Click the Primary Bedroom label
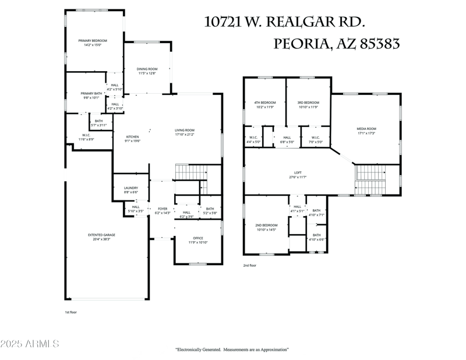[x=93, y=41]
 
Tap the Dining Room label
[x=147, y=69]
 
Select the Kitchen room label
[x=132, y=137]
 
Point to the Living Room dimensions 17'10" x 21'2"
[x=185, y=135]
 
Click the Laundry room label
[x=130, y=188]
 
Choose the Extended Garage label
[x=101, y=235]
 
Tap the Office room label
[x=198, y=238]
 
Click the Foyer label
[x=163, y=209]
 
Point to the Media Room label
[x=366, y=129]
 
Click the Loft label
[x=298, y=172]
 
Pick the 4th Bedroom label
[x=266, y=103]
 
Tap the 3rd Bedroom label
[x=308, y=103]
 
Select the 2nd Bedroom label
[x=266, y=225]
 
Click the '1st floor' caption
[x=71, y=312]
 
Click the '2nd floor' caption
[x=250, y=265]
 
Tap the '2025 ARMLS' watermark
[x=30, y=344]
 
